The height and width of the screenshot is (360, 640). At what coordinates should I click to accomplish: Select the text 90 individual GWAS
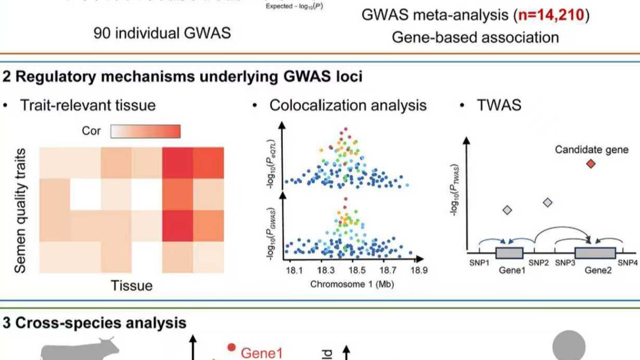point(162,33)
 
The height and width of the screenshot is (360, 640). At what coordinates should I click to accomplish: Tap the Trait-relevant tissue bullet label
point(88,105)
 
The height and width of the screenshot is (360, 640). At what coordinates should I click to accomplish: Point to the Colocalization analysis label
point(348,105)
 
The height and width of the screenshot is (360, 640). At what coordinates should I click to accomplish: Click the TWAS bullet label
point(499,105)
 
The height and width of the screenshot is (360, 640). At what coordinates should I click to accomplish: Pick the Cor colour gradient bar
point(146,131)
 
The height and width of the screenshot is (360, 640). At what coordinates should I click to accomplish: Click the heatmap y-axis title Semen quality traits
point(21,211)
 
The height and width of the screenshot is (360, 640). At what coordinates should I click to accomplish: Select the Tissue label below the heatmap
point(131,285)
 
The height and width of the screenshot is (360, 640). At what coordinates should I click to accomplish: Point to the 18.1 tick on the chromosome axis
point(294,270)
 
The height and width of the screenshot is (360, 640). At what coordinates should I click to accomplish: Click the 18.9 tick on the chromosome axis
point(419,270)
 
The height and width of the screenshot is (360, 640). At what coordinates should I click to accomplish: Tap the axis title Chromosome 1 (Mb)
point(352,284)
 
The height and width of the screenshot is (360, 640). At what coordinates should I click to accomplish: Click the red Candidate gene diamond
point(590,164)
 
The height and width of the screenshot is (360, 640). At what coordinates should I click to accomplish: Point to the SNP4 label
point(627,263)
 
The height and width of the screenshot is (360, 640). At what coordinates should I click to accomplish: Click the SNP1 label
point(479,263)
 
